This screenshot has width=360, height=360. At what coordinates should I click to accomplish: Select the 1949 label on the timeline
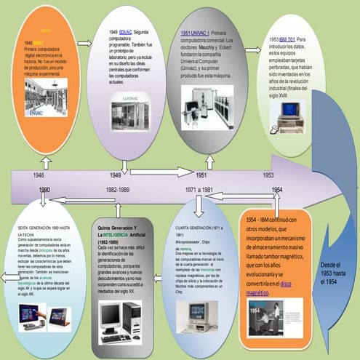tap(116, 175)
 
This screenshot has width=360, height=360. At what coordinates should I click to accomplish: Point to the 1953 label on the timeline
tap(268, 175)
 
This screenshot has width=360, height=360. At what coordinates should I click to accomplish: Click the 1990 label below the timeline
tap(44, 190)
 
